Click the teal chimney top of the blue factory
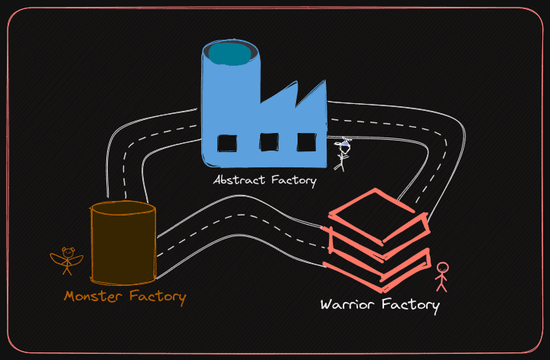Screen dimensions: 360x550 pos(230,53)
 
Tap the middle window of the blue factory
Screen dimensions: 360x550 pos(268,142)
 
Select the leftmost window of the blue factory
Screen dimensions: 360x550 pos(227,143)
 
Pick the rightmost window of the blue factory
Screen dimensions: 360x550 pos(307,142)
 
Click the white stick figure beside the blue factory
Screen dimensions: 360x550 pos(343,153)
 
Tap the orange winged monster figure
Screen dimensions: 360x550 pos(67,261)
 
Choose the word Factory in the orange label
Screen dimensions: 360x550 pos(157,296)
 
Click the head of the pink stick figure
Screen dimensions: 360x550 pos(442,268)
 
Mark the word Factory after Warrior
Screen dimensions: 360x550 pos(411,306)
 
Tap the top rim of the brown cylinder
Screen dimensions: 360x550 pos(123,207)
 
